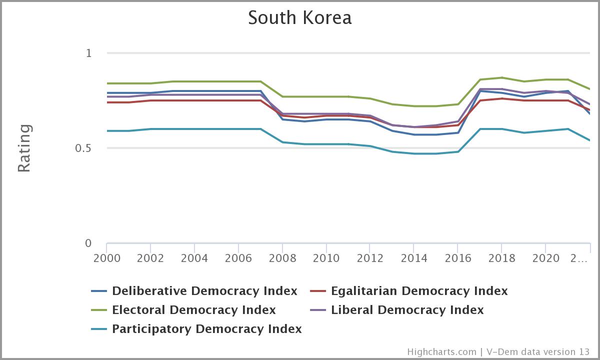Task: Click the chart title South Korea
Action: [299, 17]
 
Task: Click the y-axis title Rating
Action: [24, 148]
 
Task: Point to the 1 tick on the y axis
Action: [89, 53]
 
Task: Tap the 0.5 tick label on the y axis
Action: [84, 148]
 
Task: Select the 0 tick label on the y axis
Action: [88, 243]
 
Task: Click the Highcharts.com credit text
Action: [441, 352]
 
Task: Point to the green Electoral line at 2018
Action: [502, 77]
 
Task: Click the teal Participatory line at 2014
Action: [414, 153]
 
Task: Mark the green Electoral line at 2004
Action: [194, 81]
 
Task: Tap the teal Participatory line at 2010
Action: [326, 144]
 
